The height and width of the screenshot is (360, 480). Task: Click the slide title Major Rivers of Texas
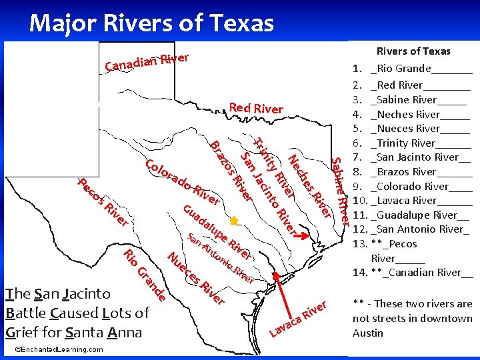point(152,23)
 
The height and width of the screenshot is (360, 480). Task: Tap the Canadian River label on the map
point(147,61)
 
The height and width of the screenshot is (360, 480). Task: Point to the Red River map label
point(255,108)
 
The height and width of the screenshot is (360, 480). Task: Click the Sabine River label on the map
point(340,191)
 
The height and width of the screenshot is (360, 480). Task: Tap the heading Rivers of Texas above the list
point(413,51)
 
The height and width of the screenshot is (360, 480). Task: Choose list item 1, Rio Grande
point(413,68)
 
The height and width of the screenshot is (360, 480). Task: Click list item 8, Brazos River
point(413,171)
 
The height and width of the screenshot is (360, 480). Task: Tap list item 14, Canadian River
point(413,272)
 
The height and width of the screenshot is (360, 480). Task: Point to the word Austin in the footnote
point(367,333)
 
